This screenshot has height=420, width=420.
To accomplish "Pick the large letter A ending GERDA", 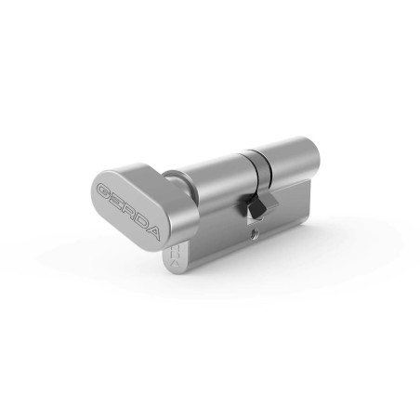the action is coord(152,232).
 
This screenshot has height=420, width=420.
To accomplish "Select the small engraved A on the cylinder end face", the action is coord(175,263).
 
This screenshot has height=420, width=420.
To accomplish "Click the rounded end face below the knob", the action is coord(176,257).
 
